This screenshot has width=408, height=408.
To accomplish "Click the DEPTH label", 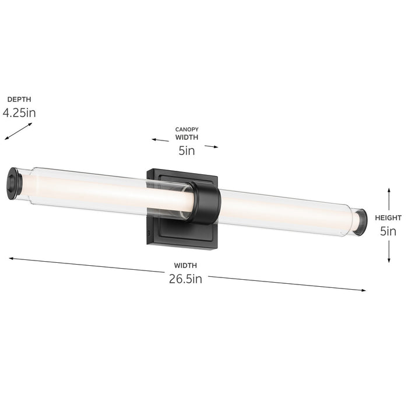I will pos(19,100).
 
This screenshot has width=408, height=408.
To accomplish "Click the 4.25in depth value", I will pos(19,112).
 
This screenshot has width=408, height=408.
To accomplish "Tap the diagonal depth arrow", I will pos(18,131).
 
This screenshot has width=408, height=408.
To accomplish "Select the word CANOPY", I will pos(187,129).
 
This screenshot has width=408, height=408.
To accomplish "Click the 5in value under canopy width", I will pos(187,151).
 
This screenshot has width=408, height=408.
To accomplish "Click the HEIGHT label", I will pos(388,217).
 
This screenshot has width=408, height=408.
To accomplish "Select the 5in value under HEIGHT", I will pos(388,231).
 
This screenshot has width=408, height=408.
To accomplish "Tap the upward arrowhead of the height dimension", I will pos(389,190).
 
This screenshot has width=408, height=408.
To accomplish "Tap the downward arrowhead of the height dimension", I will pos(389,260).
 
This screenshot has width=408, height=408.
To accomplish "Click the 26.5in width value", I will pos(185,279).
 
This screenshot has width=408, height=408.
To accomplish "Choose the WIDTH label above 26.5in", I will pos(185,266).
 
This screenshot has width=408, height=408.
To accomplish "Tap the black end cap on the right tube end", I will pos(361,222).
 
